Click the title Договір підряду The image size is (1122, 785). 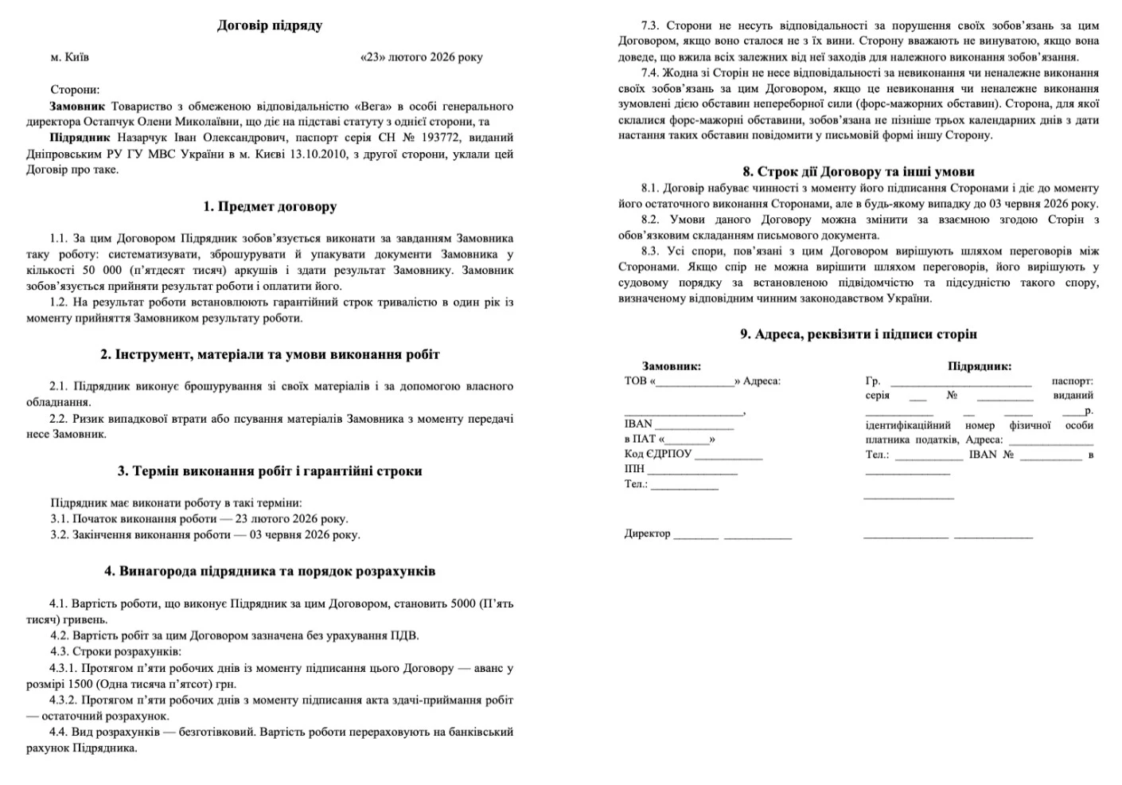(x=269, y=25)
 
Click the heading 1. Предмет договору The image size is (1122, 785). (x=270, y=207)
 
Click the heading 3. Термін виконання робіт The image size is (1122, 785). (x=270, y=471)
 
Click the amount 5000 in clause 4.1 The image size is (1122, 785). (x=462, y=604)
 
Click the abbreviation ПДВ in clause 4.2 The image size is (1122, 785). (x=406, y=636)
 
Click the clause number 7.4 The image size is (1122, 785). (x=650, y=72)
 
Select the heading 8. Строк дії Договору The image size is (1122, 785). (x=858, y=172)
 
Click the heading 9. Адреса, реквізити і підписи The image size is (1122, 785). (x=858, y=334)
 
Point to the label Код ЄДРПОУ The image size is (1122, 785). (x=657, y=454)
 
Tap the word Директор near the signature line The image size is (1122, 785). (x=647, y=533)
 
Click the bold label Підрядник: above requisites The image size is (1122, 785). (x=979, y=366)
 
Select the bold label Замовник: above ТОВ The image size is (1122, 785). (x=671, y=366)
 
